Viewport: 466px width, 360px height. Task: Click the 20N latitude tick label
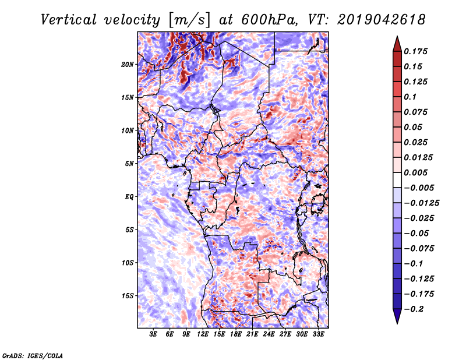127,64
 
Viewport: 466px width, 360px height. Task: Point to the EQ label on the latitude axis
129,197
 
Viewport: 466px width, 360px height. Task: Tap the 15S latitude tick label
127,296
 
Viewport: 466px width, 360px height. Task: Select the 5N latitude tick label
129,164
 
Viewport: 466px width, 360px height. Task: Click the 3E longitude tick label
153,334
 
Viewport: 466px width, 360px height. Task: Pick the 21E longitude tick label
252,334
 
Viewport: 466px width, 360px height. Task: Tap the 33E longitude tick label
318,334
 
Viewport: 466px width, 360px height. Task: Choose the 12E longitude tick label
202,334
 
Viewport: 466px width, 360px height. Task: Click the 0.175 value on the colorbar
415,51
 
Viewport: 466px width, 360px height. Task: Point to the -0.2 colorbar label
414,309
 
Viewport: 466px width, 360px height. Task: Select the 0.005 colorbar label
415,172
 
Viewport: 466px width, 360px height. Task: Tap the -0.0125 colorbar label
421,203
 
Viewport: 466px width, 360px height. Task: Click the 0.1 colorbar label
410,97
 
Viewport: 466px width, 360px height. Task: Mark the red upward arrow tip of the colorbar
397,37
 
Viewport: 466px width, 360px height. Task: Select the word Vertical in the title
69,20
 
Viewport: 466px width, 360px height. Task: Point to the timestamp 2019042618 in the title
382,20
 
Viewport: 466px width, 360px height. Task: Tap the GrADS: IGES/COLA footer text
33,356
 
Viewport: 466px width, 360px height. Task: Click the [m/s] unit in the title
189,20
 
